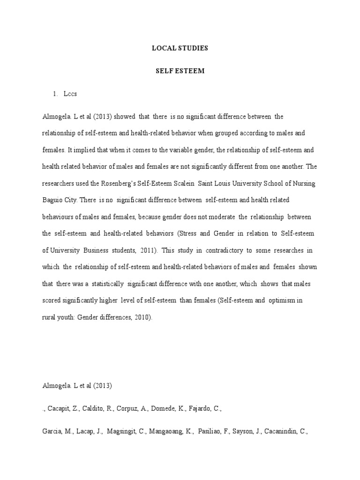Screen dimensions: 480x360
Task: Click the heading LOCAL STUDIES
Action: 180,48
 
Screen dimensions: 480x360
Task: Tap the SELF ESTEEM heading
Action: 180,71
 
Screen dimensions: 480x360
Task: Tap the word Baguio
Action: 52,200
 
